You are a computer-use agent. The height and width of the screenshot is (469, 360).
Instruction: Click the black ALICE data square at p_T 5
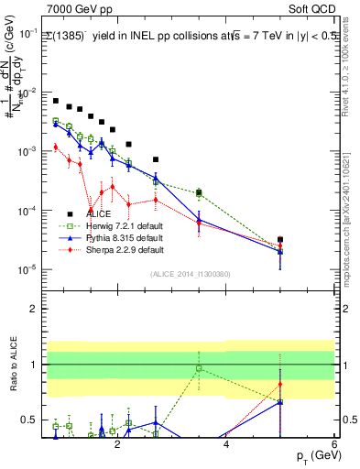(280, 240)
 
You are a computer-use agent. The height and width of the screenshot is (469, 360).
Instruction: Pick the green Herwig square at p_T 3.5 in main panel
(199, 193)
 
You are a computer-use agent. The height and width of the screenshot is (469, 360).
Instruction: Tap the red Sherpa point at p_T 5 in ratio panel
(280, 384)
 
